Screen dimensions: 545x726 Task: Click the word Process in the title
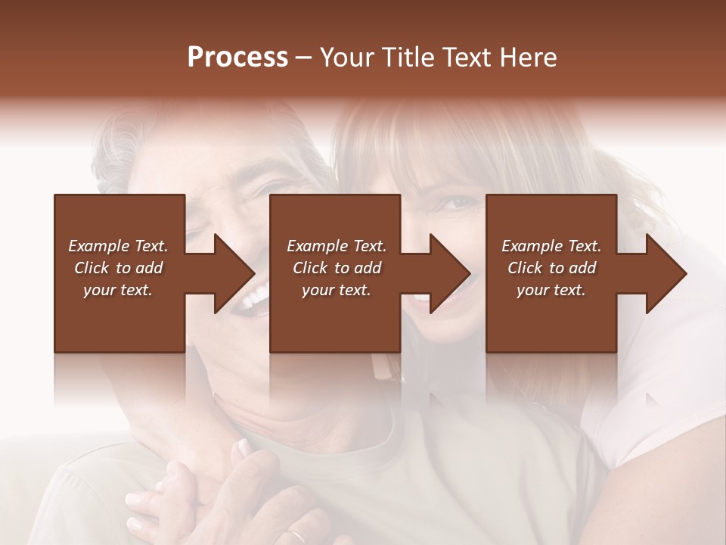click(x=237, y=58)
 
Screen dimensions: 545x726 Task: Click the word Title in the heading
click(x=406, y=58)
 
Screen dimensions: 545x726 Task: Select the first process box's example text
click(x=119, y=268)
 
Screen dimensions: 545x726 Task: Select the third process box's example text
click(x=551, y=268)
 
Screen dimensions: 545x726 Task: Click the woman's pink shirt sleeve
click(x=665, y=394)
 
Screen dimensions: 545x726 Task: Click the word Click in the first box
click(x=92, y=268)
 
